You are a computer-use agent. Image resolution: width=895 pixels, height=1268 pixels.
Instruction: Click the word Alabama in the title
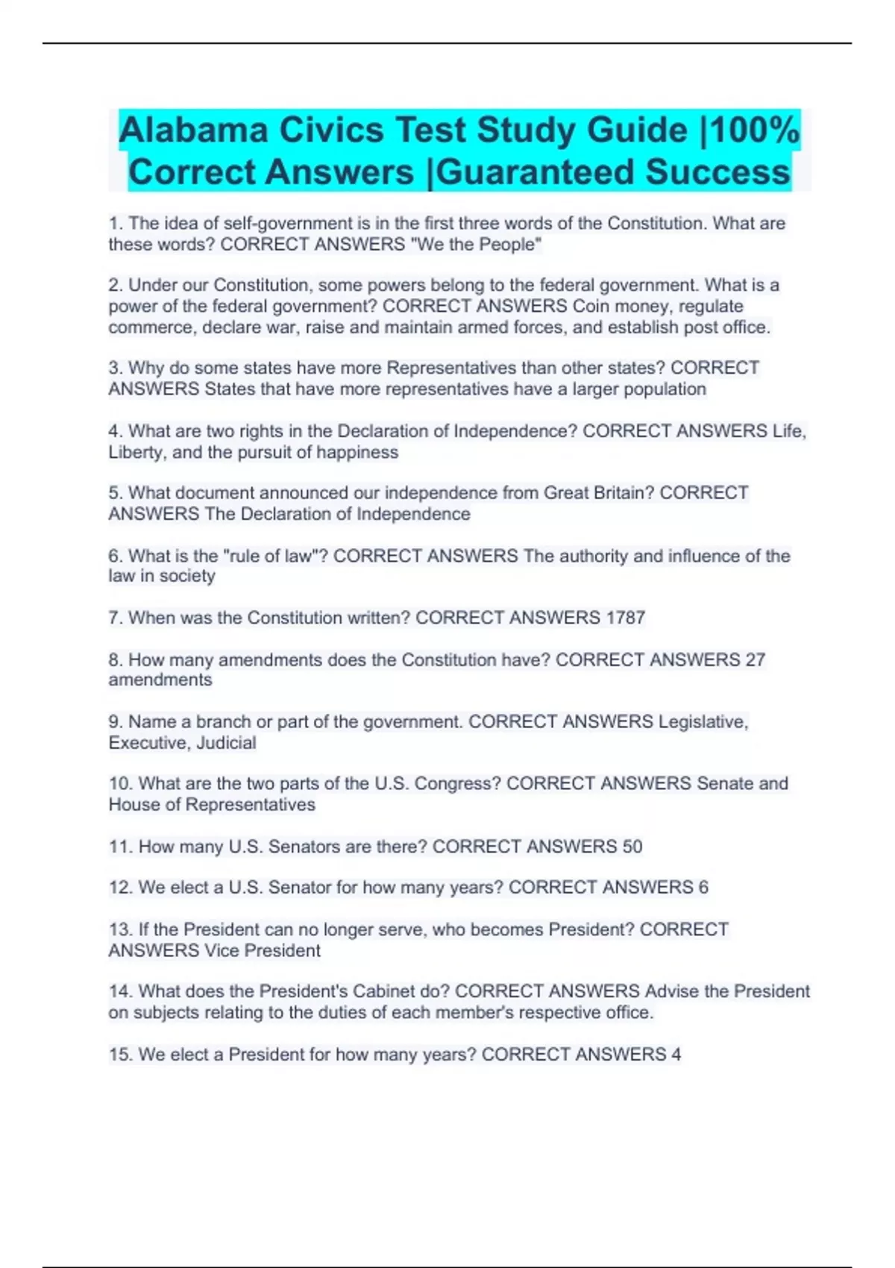(193, 131)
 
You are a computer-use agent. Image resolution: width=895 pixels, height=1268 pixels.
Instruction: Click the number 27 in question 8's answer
(755, 659)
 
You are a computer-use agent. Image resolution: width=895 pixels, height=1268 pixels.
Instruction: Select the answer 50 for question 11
(632, 847)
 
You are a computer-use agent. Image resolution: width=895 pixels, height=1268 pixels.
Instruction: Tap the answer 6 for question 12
(703, 888)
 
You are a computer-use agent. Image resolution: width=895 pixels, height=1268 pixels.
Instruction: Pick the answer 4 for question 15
(676, 1054)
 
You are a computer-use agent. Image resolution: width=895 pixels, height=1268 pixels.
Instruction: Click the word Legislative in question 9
(702, 722)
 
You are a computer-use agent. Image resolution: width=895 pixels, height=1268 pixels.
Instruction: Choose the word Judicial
(226, 743)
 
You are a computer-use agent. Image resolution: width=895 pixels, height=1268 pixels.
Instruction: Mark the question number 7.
(116, 618)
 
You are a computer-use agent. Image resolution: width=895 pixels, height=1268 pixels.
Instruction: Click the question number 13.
(120, 929)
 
